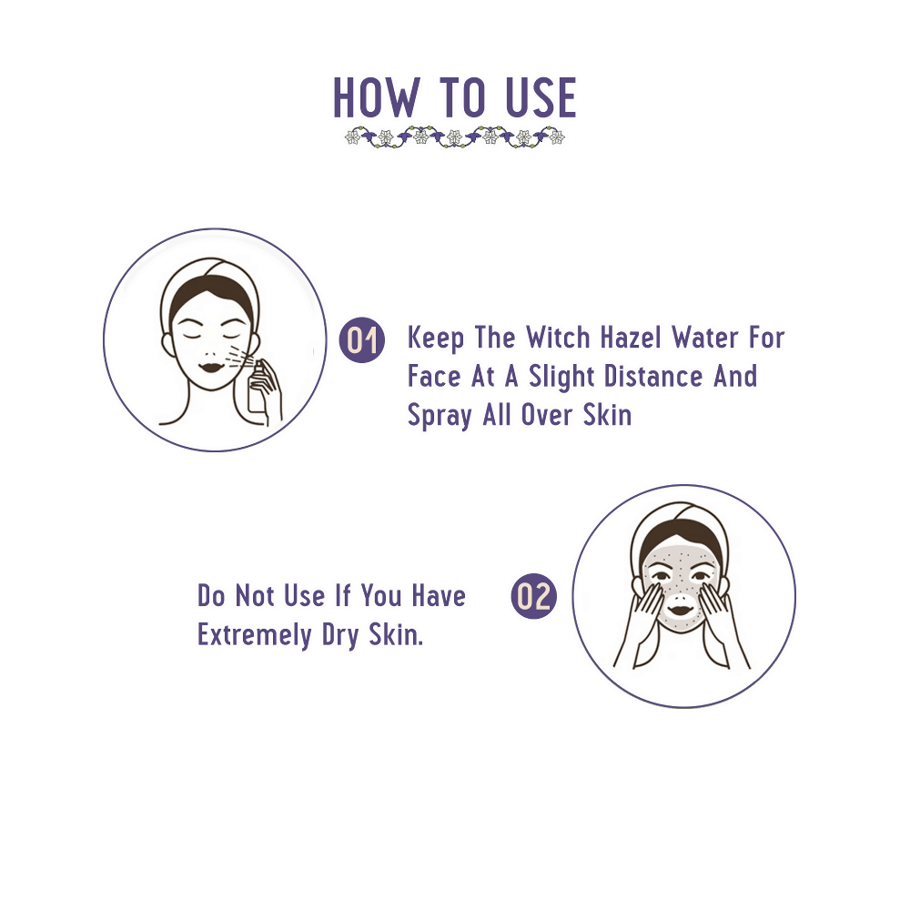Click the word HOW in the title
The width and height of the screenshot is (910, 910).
pyautogui.click(x=376, y=97)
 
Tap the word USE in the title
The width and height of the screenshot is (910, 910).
pyautogui.click(x=541, y=97)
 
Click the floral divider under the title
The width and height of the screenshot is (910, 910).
pyautogui.click(x=454, y=137)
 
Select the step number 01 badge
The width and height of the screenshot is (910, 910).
pyautogui.click(x=361, y=340)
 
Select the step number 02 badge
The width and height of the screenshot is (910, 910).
pyautogui.click(x=533, y=596)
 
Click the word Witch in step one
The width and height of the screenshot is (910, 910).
pyautogui.click(x=558, y=338)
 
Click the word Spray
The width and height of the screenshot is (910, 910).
pyautogui.click(x=440, y=417)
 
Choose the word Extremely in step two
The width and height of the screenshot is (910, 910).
pyautogui.click(x=254, y=635)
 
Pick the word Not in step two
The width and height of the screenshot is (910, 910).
pyautogui.click(x=254, y=596)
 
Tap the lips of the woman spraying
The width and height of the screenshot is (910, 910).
pyautogui.click(x=210, y=368)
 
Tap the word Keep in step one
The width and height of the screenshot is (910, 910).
pyautogui.click(x=435, y=339)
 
